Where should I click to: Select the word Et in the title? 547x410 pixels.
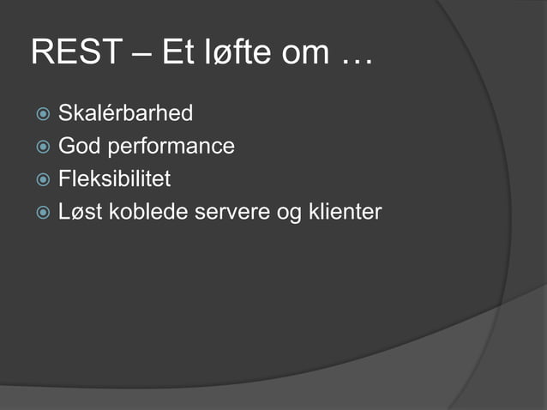tap(174, 53)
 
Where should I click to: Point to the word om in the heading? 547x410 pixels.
tap(303, 53)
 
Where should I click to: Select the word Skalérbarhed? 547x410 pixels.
tap(125, 113)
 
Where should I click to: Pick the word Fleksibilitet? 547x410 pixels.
tap(114, 179)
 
